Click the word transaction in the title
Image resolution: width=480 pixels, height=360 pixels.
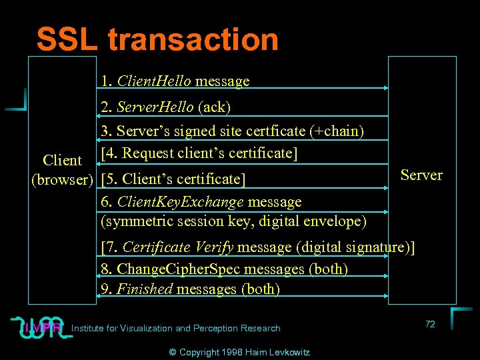tap(193, 39)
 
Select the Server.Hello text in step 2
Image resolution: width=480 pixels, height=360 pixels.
tap(155, 107)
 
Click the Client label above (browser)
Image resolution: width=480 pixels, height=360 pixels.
tap(62, 161)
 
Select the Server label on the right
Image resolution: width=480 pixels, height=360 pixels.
tap(421, 175)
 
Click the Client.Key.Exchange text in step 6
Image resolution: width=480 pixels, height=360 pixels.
tap(175, 201)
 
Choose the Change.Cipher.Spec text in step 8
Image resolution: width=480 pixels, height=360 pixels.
tap(181, 269)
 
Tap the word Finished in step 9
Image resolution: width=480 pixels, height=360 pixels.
tap(145, 289)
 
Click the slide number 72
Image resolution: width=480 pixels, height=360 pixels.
tap(430, 324)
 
